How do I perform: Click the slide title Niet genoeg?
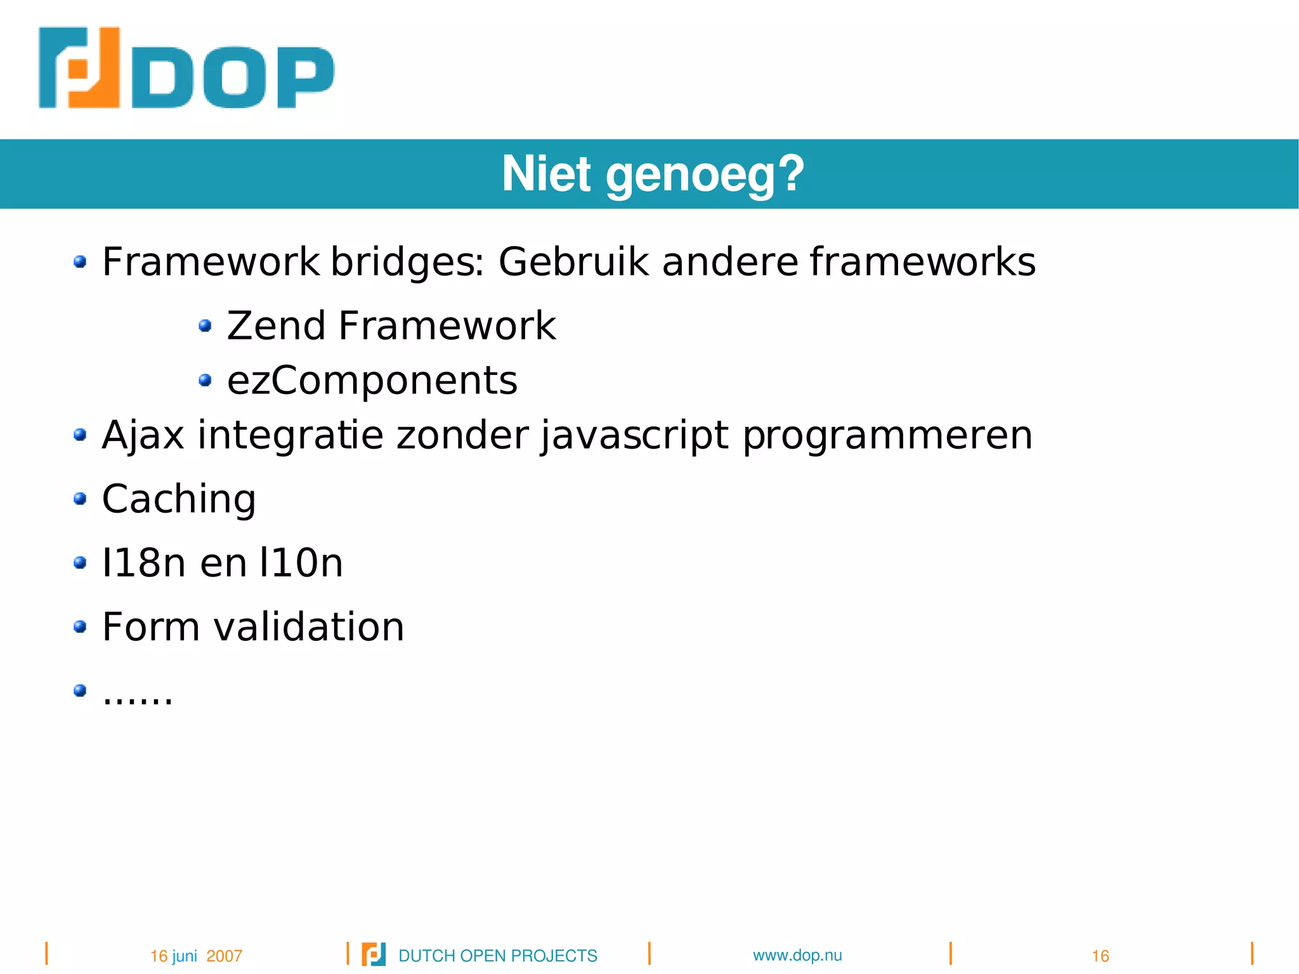pyautogui.click(x=653, y=174)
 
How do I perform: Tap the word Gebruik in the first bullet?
pyautogui.click(x=573, y=261)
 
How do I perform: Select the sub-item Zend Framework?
pyautogui.click(x=391, y=326)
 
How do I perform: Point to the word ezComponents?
pyautogui.click(x=372, y=381)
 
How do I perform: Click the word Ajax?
pyautogui.click(x=143, y=436)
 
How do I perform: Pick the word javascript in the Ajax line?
pyautogui.click(x=634, y=436)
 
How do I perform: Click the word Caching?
pyautogui.click(x=179, y=499)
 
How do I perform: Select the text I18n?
pyautogui.click(x=143, y=563)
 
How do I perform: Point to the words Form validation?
pyautogui.click(x=253, y=627)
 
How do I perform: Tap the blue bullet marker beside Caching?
pyautogui.click(x=80, y=499)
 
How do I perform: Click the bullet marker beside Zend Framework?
pyautogui.click(x=204, y=326)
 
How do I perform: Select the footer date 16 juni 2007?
pyautogui.click(x=196, y=956)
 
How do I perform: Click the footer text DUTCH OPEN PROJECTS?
pyautogui.click(x=497, y=956)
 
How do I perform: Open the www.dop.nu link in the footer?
pyautogui.click(x=797, y=955)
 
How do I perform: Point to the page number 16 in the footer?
pyautogui.click(x=1100, y=956)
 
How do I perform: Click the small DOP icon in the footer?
pyautogui.click(x=374, y=954)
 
